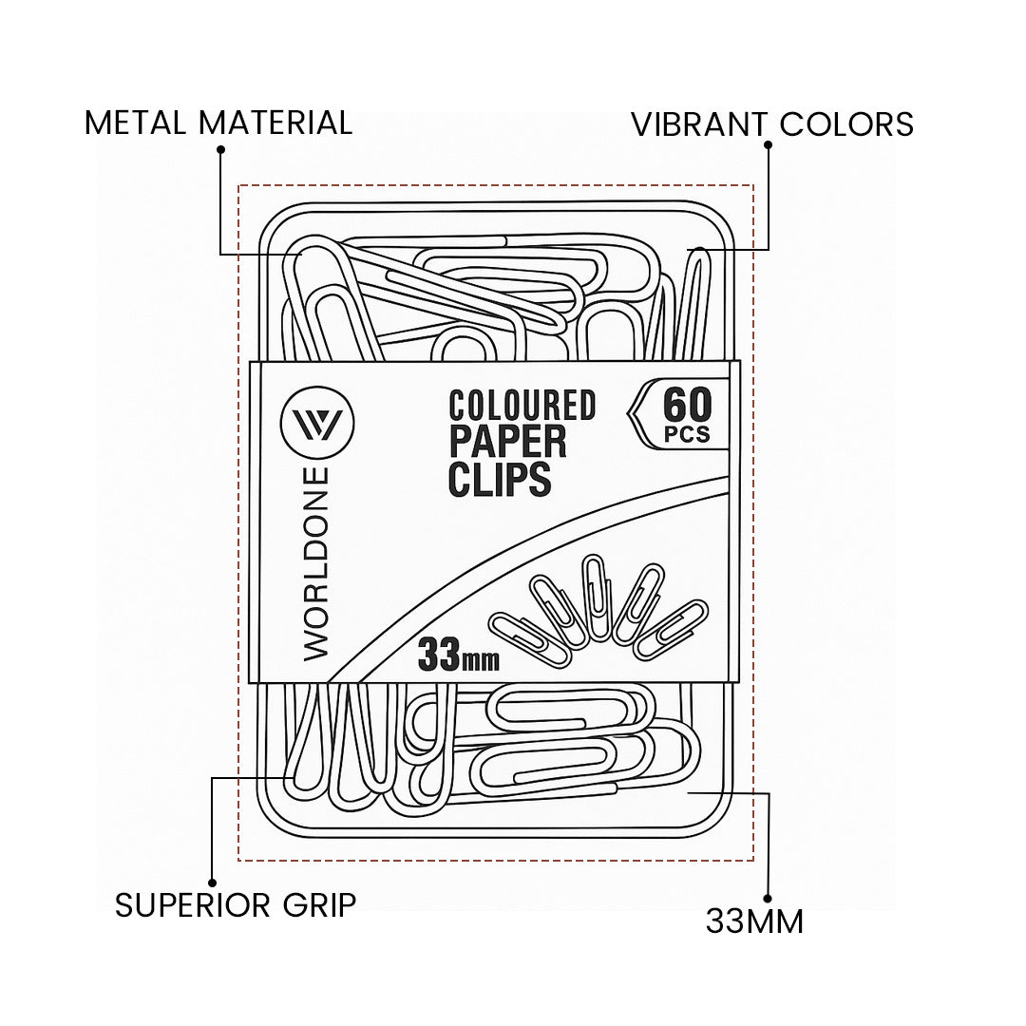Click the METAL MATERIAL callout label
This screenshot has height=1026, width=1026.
pos(218,123)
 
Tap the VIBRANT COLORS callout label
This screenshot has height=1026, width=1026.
pos(772,124)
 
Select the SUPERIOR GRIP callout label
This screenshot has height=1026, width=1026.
pos(236,905)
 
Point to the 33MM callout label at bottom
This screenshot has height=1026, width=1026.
pos(754,921)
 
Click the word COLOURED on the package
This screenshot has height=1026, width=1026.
pos(522,406)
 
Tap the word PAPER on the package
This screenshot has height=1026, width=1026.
pos(507,442)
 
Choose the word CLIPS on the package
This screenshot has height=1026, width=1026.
pos(500,479)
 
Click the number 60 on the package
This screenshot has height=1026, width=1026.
pos(686,406)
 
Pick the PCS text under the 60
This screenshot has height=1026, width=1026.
pos(686,436)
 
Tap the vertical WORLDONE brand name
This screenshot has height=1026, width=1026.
pos(316,564)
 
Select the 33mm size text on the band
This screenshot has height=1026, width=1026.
pos(458,655)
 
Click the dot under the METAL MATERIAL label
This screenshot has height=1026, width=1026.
pos(220,149)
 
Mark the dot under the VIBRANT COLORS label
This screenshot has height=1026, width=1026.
pos(768,145)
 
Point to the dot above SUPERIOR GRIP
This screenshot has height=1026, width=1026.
pos(212,883)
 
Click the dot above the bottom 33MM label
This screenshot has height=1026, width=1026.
pos(767,897)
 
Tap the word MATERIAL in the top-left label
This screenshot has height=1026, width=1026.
pos(275,123)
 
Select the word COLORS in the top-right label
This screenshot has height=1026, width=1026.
pos(846,124)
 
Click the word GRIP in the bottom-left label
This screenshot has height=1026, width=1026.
pos(318,905)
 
